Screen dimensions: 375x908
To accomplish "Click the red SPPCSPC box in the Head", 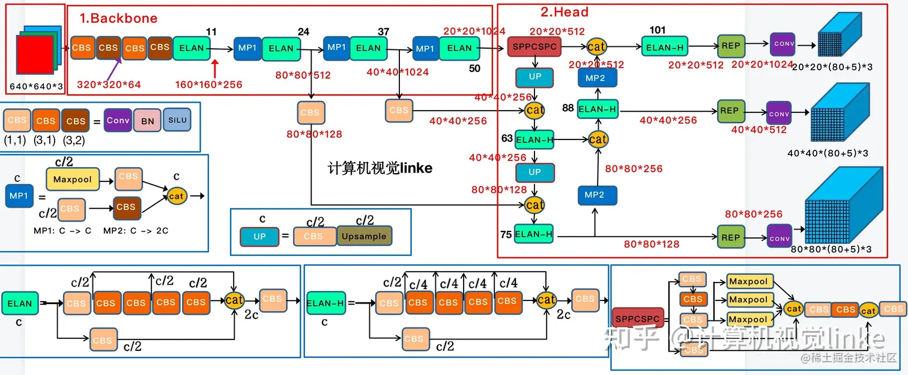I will click(x=535, y=47).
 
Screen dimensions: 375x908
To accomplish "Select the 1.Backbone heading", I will click(x=118, y=18).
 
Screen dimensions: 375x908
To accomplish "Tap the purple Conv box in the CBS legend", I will click(x=118, y=120).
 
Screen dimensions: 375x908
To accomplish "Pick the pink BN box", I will click(x=147, y=121).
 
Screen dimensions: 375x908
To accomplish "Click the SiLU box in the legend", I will click(x=177, y=120).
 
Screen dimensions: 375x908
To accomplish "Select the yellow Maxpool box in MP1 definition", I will click(x=73, y=179).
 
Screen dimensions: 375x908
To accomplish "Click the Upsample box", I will click(x=364, y=236).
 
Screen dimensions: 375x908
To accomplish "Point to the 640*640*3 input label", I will click(x=36, y=87).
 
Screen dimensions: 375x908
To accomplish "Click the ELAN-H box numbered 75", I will click(x=534, y=234).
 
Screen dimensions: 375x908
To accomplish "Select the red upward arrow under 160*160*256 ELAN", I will click(x=215, y=67).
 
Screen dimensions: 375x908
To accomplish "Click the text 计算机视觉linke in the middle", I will click(x=380, y=168).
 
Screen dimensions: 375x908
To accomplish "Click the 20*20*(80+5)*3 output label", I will click(x=832, y=67).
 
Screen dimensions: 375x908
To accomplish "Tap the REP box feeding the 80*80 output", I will click(x=730, y=237).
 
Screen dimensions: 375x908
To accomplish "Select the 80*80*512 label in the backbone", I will click(x=303, y=76).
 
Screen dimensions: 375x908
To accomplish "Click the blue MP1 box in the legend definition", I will click(x=19, y=196).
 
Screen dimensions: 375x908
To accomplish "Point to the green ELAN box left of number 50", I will click(x=459, y=48).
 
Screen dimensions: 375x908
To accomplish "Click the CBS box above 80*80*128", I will click(x=310, y=112).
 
